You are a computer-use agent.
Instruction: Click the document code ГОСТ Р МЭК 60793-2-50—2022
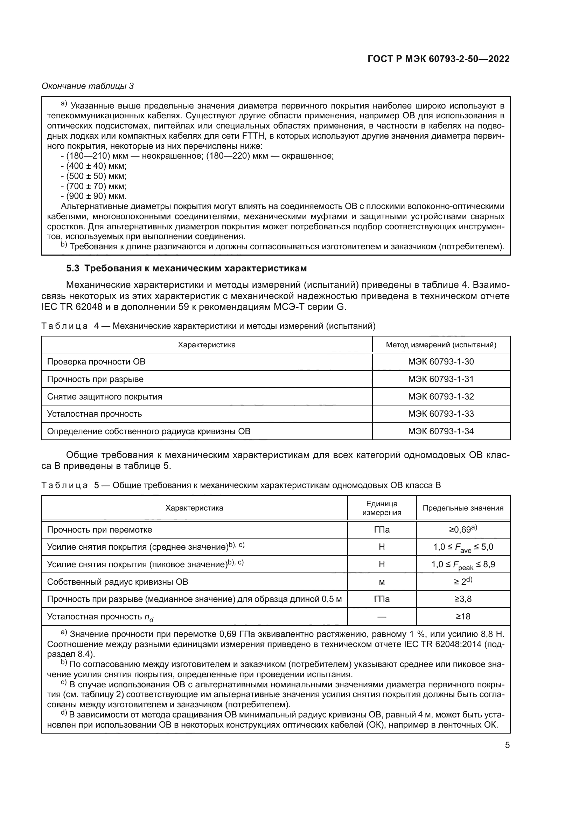(438, 59)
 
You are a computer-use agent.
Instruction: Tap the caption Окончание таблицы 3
(88, 86)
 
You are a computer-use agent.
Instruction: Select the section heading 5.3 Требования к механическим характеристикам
(186, 268)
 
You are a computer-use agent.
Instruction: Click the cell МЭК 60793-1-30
(441, 362)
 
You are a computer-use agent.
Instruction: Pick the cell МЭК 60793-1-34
(441, 431)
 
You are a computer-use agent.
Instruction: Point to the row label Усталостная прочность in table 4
(95, 414)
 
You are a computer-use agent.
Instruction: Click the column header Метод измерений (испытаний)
(441, 345)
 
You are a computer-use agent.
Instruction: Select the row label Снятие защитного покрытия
(104, 397)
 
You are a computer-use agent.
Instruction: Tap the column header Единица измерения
(382, 508)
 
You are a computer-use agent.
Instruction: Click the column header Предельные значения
(463, 508)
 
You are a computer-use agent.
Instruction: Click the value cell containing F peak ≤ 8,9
(463, 565)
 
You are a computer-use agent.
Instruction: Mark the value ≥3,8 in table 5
(463, 599)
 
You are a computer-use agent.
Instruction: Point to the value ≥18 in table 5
(463, 617)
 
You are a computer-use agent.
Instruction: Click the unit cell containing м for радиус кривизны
(382, 582)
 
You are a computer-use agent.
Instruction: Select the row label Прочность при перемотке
(99, 530)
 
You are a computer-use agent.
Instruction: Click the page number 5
(507, 745)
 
